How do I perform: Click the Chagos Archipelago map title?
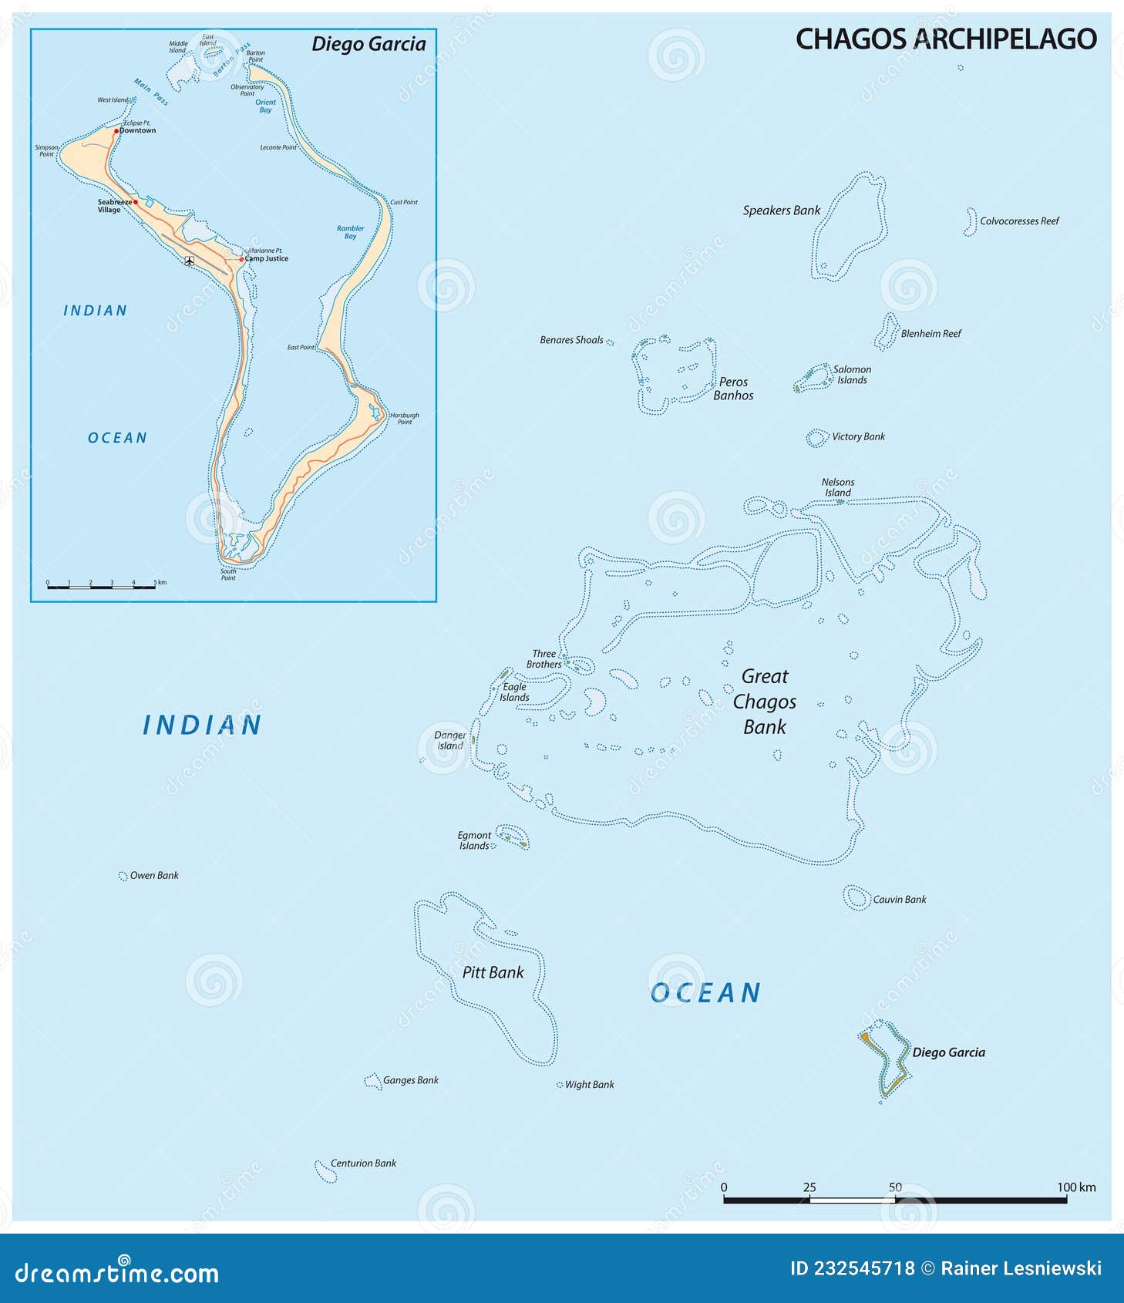945,39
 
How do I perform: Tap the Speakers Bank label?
781,210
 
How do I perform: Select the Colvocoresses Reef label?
1019,221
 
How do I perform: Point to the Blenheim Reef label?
930,334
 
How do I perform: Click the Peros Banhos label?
733,389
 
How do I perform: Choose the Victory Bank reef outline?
816,438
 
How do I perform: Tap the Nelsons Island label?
838,487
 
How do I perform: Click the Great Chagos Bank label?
765,702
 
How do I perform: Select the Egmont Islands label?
474,840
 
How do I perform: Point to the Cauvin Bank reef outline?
856,897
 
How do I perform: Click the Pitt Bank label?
493,973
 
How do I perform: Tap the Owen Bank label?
154,876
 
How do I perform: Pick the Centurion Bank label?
363,1163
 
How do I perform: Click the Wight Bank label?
589,1085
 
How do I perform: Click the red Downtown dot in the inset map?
116,131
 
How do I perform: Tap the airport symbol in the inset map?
190,261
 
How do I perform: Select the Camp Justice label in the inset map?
266,259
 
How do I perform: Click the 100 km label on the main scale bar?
1076,1187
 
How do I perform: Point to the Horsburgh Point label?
404,418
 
